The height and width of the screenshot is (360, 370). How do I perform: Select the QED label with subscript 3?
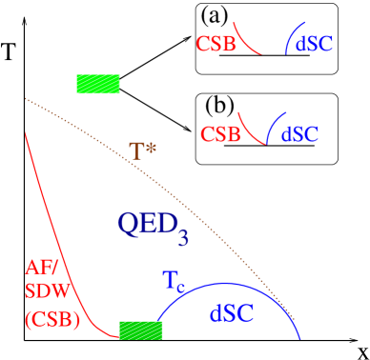[152, 226]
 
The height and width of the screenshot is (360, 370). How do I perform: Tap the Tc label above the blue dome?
[173, 281]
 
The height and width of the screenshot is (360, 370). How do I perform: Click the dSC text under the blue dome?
[231, 313]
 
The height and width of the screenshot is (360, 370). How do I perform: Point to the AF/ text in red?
[41, 269]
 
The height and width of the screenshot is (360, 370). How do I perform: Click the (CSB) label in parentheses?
[52, 320]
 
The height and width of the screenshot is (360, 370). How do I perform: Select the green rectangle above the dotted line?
[98, 84]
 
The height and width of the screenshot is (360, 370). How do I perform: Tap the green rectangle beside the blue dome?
[140, 330]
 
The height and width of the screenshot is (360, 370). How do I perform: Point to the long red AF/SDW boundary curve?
[48, 229]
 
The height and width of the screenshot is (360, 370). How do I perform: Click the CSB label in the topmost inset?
[216, 44]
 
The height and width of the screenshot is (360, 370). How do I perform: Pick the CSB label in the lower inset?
[220, 134]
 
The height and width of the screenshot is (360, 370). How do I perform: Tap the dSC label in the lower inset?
[299, 134]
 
